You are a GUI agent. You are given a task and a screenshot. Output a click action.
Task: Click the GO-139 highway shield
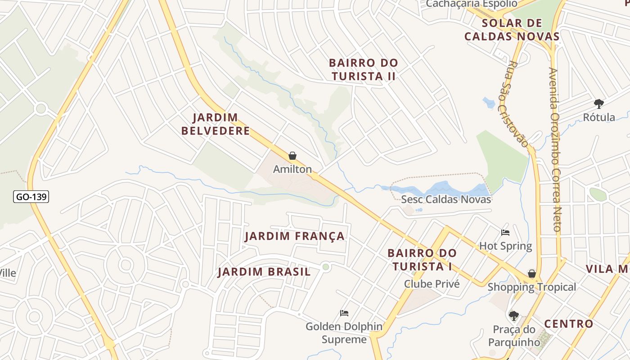pyautogui.click(x=31, y=197)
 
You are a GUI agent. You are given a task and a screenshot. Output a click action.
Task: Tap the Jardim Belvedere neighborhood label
pyautogui.click(x=216, y=124)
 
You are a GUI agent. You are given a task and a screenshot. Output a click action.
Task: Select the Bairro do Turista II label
pyautogui.click(x=364, y=69)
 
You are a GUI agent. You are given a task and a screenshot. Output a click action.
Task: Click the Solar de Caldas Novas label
pyautogui.click(x=512, y=30)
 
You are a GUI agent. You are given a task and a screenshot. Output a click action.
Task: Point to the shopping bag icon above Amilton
pyautogui.click(x=292, y=156)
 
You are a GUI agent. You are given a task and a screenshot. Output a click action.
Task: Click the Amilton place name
pyautogui.click(x=292, y=169)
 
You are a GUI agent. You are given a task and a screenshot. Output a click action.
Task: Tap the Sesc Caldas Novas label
pyautogui.click(x=445, y=199)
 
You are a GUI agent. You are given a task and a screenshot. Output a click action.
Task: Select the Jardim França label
pyautogui.click(x=295, y=236)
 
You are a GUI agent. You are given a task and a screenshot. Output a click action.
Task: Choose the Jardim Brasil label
pyautogui.click(x=264, y=272)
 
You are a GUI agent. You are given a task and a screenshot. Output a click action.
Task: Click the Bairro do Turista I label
pyautogui.click(x=422, y=260)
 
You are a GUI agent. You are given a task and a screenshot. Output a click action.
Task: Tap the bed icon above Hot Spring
pyautogui.click(x=505, y=233)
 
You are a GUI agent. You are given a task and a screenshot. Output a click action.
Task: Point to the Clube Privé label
pyautogui.click(x=432, y=284)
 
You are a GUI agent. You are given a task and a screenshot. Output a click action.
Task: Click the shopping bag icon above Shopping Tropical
pyautogui.click(x=532, y=274)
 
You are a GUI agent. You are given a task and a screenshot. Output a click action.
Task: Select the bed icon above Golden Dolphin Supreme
pyautogui.click(x=344, y=313)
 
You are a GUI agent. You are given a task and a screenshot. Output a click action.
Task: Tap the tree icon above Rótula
pyautogui.click(x=598, y=104)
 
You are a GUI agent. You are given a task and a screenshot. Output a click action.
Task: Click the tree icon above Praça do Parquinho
pyautogui.click(x=513, y=316)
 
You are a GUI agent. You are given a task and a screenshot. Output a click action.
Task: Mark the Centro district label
pyautogui.click(x=569, y=324)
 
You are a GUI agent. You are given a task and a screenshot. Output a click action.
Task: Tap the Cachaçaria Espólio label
pyautogui.click(x=471, y=4)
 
